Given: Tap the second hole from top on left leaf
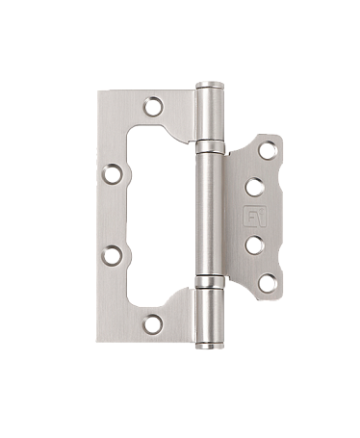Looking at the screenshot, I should click(x=113, y=174).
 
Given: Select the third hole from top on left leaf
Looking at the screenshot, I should click(x=113, y=255).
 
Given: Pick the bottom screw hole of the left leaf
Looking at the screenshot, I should click(x=153, y=324).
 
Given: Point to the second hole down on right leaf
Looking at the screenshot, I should click(x=255, y=187).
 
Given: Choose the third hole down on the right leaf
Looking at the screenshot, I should click(x=255, y=245).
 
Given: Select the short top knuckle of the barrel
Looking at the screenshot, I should click(x=210, y=116).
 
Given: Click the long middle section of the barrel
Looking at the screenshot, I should click(x=211, y=214).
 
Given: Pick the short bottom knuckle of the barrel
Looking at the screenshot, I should click(x=211, y=312).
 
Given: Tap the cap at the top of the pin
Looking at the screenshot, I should click(x=209, y=86).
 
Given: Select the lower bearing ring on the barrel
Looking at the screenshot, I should click(x=211, y=280).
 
